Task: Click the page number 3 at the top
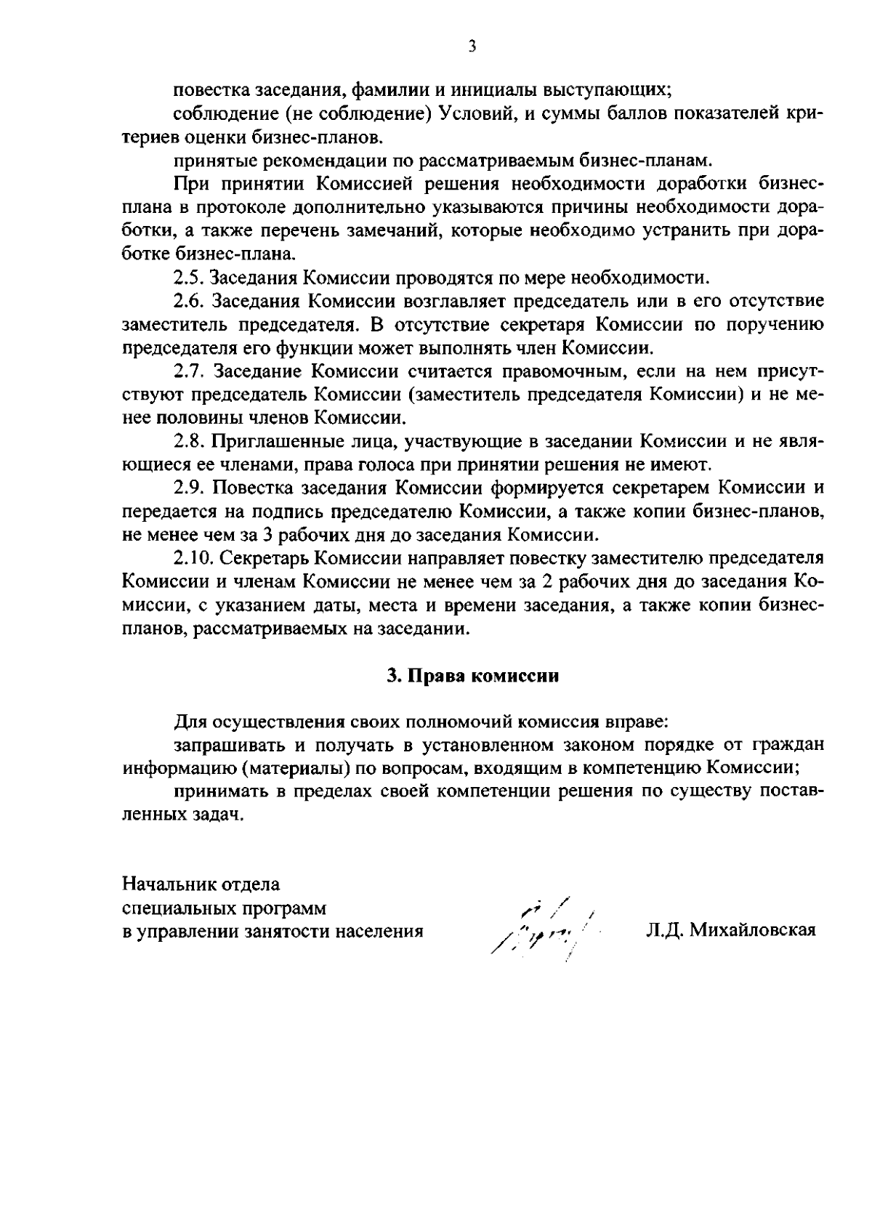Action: point(472,47)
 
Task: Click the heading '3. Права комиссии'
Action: point(472,676)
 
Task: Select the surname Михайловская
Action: point(753,930)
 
